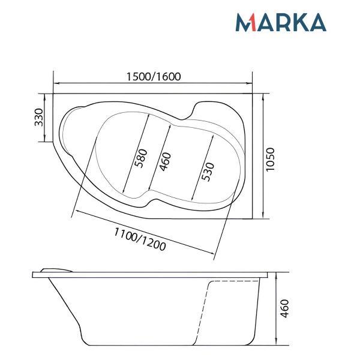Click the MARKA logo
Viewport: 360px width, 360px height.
pos(280,22)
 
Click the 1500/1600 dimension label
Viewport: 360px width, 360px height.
pos(154,77)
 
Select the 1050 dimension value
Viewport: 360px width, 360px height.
pos(271,159)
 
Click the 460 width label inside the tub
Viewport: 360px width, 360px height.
pos(166,162)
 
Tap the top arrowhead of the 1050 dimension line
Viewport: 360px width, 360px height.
pos(264,95)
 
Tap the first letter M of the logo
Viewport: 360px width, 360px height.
pos(243,23)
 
